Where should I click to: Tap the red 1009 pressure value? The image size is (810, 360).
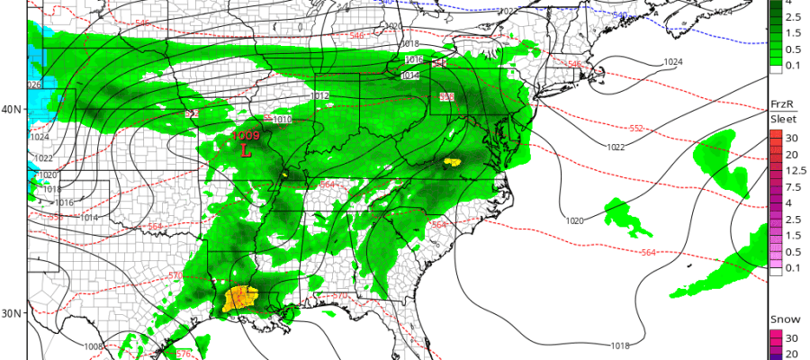246,136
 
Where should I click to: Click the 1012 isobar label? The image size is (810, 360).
319,94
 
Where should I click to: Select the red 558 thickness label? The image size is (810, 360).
446,96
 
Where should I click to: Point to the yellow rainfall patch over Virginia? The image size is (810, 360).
452,163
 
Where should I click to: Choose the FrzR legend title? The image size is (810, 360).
780,104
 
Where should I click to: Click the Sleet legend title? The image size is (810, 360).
781,119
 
